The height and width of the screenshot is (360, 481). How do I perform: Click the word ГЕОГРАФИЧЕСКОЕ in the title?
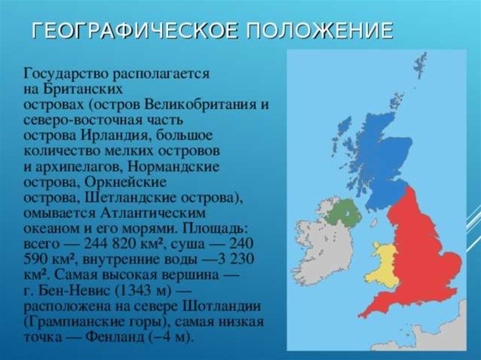click(135, 31)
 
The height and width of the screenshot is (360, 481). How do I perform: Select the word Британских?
click(83, 89)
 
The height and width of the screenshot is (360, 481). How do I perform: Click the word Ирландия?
click(116, 136)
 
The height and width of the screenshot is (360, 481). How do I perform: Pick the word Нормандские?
click(173, 167)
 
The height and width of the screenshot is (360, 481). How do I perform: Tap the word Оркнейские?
click(125, 183)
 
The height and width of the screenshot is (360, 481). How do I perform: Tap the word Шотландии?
click(222, 306)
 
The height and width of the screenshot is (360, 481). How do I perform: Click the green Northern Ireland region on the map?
click(342, 212)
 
